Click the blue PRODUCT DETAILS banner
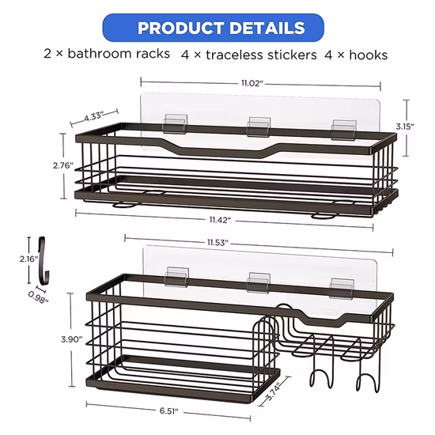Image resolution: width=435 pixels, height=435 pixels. click(213, 28)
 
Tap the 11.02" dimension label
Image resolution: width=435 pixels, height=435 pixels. click(252, 83)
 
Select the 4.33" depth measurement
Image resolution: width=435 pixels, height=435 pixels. click(93, 116)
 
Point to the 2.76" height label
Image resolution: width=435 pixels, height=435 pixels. click(63, 165)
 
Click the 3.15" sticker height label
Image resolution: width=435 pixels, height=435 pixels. click(405, 127)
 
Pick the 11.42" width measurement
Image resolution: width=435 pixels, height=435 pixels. click(220, 220)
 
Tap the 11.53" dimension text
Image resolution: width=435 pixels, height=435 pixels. click(217, 243)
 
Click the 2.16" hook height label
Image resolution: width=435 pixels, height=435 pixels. click(28, 259)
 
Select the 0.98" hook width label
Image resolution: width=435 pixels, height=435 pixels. click(39, 297)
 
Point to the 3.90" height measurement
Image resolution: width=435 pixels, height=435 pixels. click(72, 339)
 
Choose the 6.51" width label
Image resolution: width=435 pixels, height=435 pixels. click(168, 410)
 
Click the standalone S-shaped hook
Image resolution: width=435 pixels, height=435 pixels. click(43, 261)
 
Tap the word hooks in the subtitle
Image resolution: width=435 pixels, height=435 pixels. click(368, 55)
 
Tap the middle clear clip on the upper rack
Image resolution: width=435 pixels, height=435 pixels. click(259, 127)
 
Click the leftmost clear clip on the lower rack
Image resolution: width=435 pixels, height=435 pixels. click(177, 277)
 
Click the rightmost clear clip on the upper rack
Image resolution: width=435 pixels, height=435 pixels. click(344, 130)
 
